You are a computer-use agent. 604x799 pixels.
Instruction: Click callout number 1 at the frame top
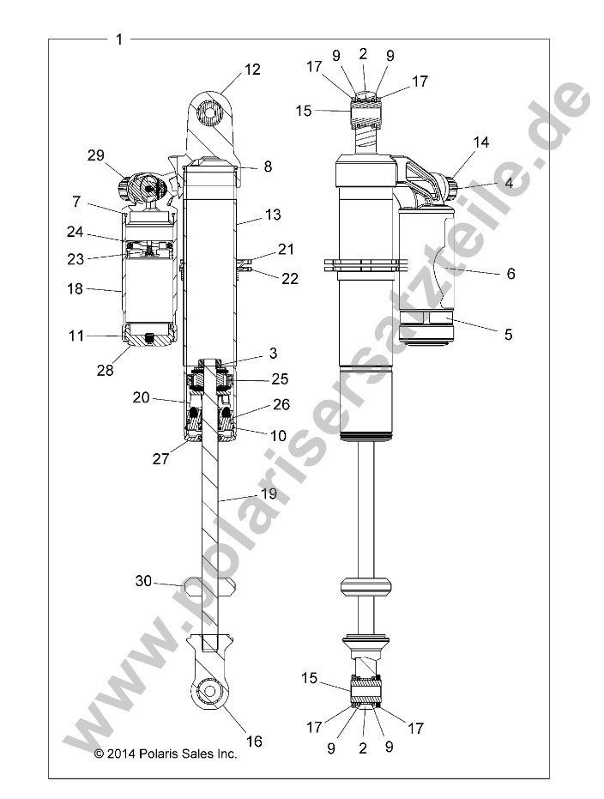click(118, 39)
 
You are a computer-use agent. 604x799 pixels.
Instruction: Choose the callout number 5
click(508, 335)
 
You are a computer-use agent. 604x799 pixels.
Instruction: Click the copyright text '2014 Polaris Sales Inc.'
click(165, 754)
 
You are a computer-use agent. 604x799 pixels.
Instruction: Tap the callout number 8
click(268, 167)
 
